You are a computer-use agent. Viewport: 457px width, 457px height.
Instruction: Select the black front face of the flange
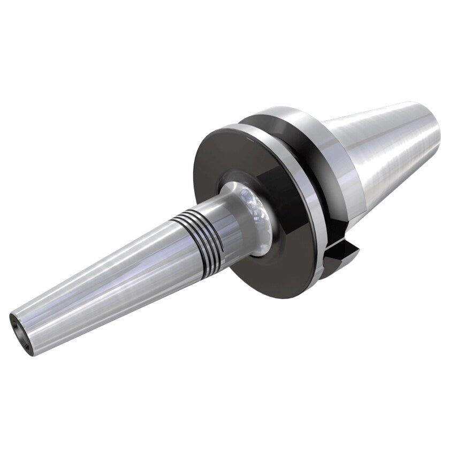pos(214,161)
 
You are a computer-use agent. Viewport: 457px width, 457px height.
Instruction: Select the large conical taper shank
pos(385,150)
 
